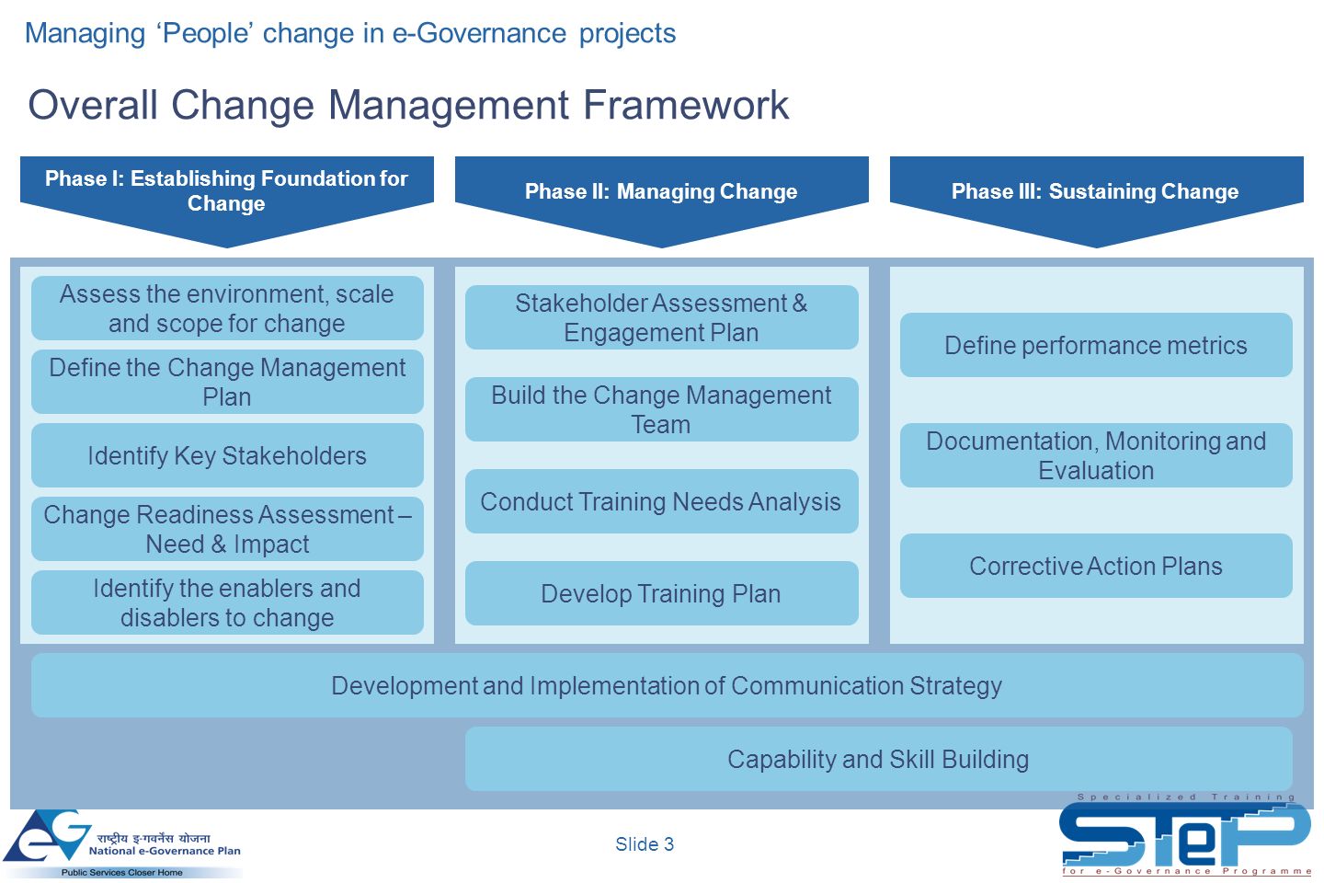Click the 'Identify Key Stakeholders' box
coord(228,455)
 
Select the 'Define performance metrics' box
coord(1096,345)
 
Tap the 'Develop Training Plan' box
coord(661,593)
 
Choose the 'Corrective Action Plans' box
coord(1096,566)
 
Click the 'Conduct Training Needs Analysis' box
coord(661,501)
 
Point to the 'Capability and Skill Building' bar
coord(878,759)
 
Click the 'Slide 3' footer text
coord(645,844)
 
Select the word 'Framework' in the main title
coord(686,105)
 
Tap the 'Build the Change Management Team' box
coord(661,409)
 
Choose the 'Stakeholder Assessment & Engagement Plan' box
coord(661,317)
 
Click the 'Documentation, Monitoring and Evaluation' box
coord(1096,455)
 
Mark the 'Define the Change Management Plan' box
coord(228,382)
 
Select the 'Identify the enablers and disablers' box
coord(228,602)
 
